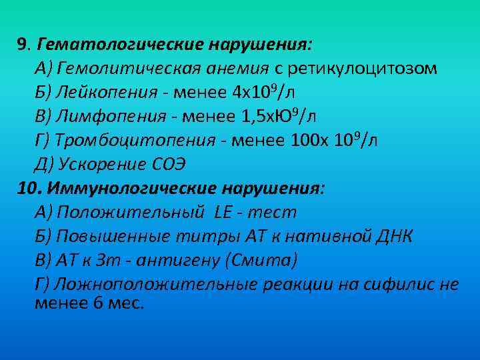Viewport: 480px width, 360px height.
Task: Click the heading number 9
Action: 23,45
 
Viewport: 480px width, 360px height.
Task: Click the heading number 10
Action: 27,189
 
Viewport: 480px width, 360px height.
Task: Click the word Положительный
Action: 131,213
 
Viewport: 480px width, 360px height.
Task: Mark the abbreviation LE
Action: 223,213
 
